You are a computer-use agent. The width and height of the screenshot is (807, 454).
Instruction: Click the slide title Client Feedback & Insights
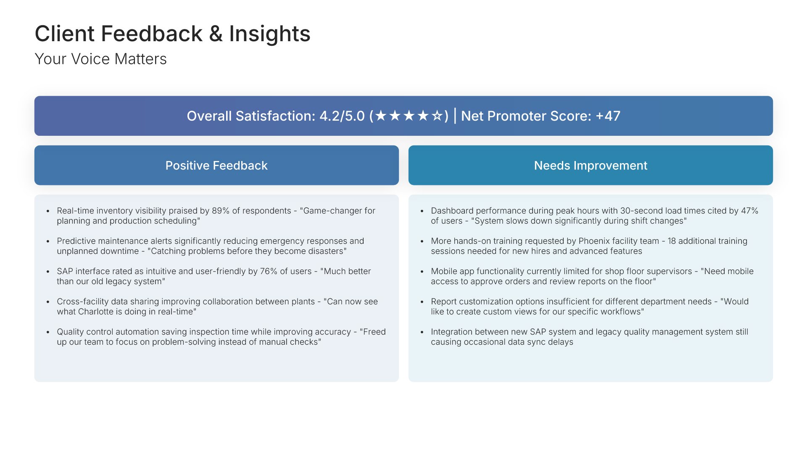click(x=172, y=34)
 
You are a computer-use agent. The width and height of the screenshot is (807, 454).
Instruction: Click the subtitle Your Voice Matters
click(x=100, y=59)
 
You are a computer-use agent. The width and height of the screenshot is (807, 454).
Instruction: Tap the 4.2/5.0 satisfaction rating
click(x=342, y=116)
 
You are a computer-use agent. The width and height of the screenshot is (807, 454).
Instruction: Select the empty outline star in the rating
click(x=437, y=116)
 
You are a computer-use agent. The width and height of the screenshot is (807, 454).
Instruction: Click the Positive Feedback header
click(x=216, y=166)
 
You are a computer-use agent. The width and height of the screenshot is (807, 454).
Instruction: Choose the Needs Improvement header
click(x=591, y=166)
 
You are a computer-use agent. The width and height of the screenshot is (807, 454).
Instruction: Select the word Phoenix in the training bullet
click(x=594, y=241)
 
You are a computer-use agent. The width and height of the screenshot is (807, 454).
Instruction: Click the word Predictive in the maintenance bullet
click(x=76, y=241)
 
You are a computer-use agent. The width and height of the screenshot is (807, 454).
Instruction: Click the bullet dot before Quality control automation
click(x=48, y=332)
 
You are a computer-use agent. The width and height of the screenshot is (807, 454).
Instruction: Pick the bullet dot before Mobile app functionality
click(x=422, y=272)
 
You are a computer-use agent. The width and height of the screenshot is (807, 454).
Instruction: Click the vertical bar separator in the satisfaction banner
click(x=455, y=116)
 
